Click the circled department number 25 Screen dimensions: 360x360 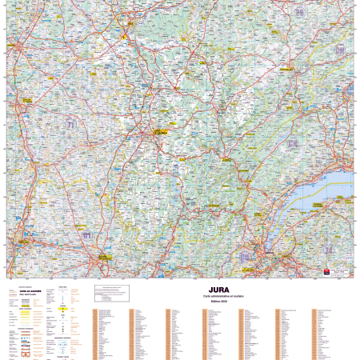(x=299, y=13)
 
